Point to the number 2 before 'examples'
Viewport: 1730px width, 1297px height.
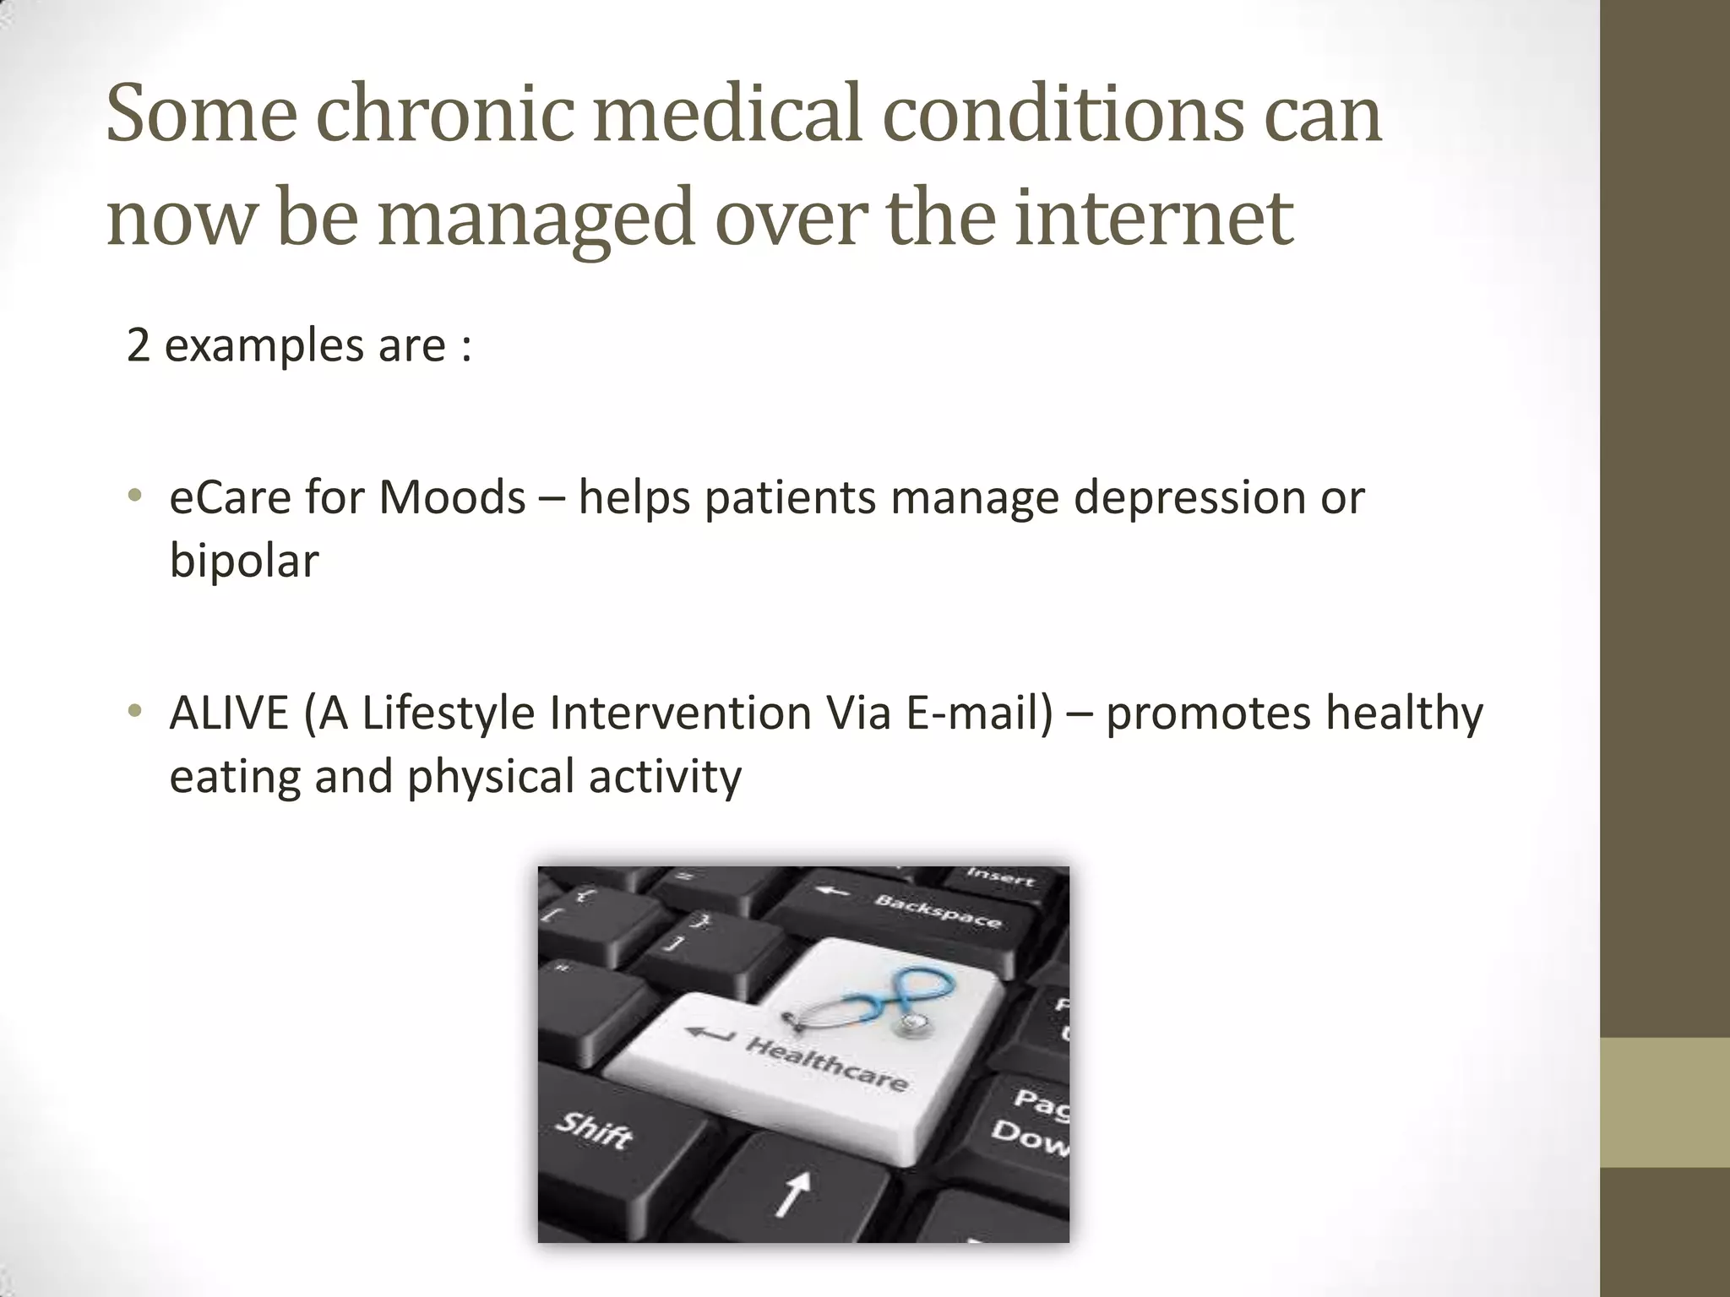click(x=138, y=346)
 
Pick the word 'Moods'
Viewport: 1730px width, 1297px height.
click(x=452, y=497)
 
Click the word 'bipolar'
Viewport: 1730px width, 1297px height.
click(x=244, y=560)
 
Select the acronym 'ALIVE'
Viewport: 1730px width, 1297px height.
click(x=229, y=714)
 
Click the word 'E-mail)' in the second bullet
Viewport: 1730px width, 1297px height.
click(x=980, y=714)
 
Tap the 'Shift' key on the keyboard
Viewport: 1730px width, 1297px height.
click(x=594, y=1129)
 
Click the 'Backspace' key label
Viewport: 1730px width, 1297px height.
click(x=938, y=910)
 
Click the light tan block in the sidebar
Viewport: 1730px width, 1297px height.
click(x=1665, y=1102)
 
